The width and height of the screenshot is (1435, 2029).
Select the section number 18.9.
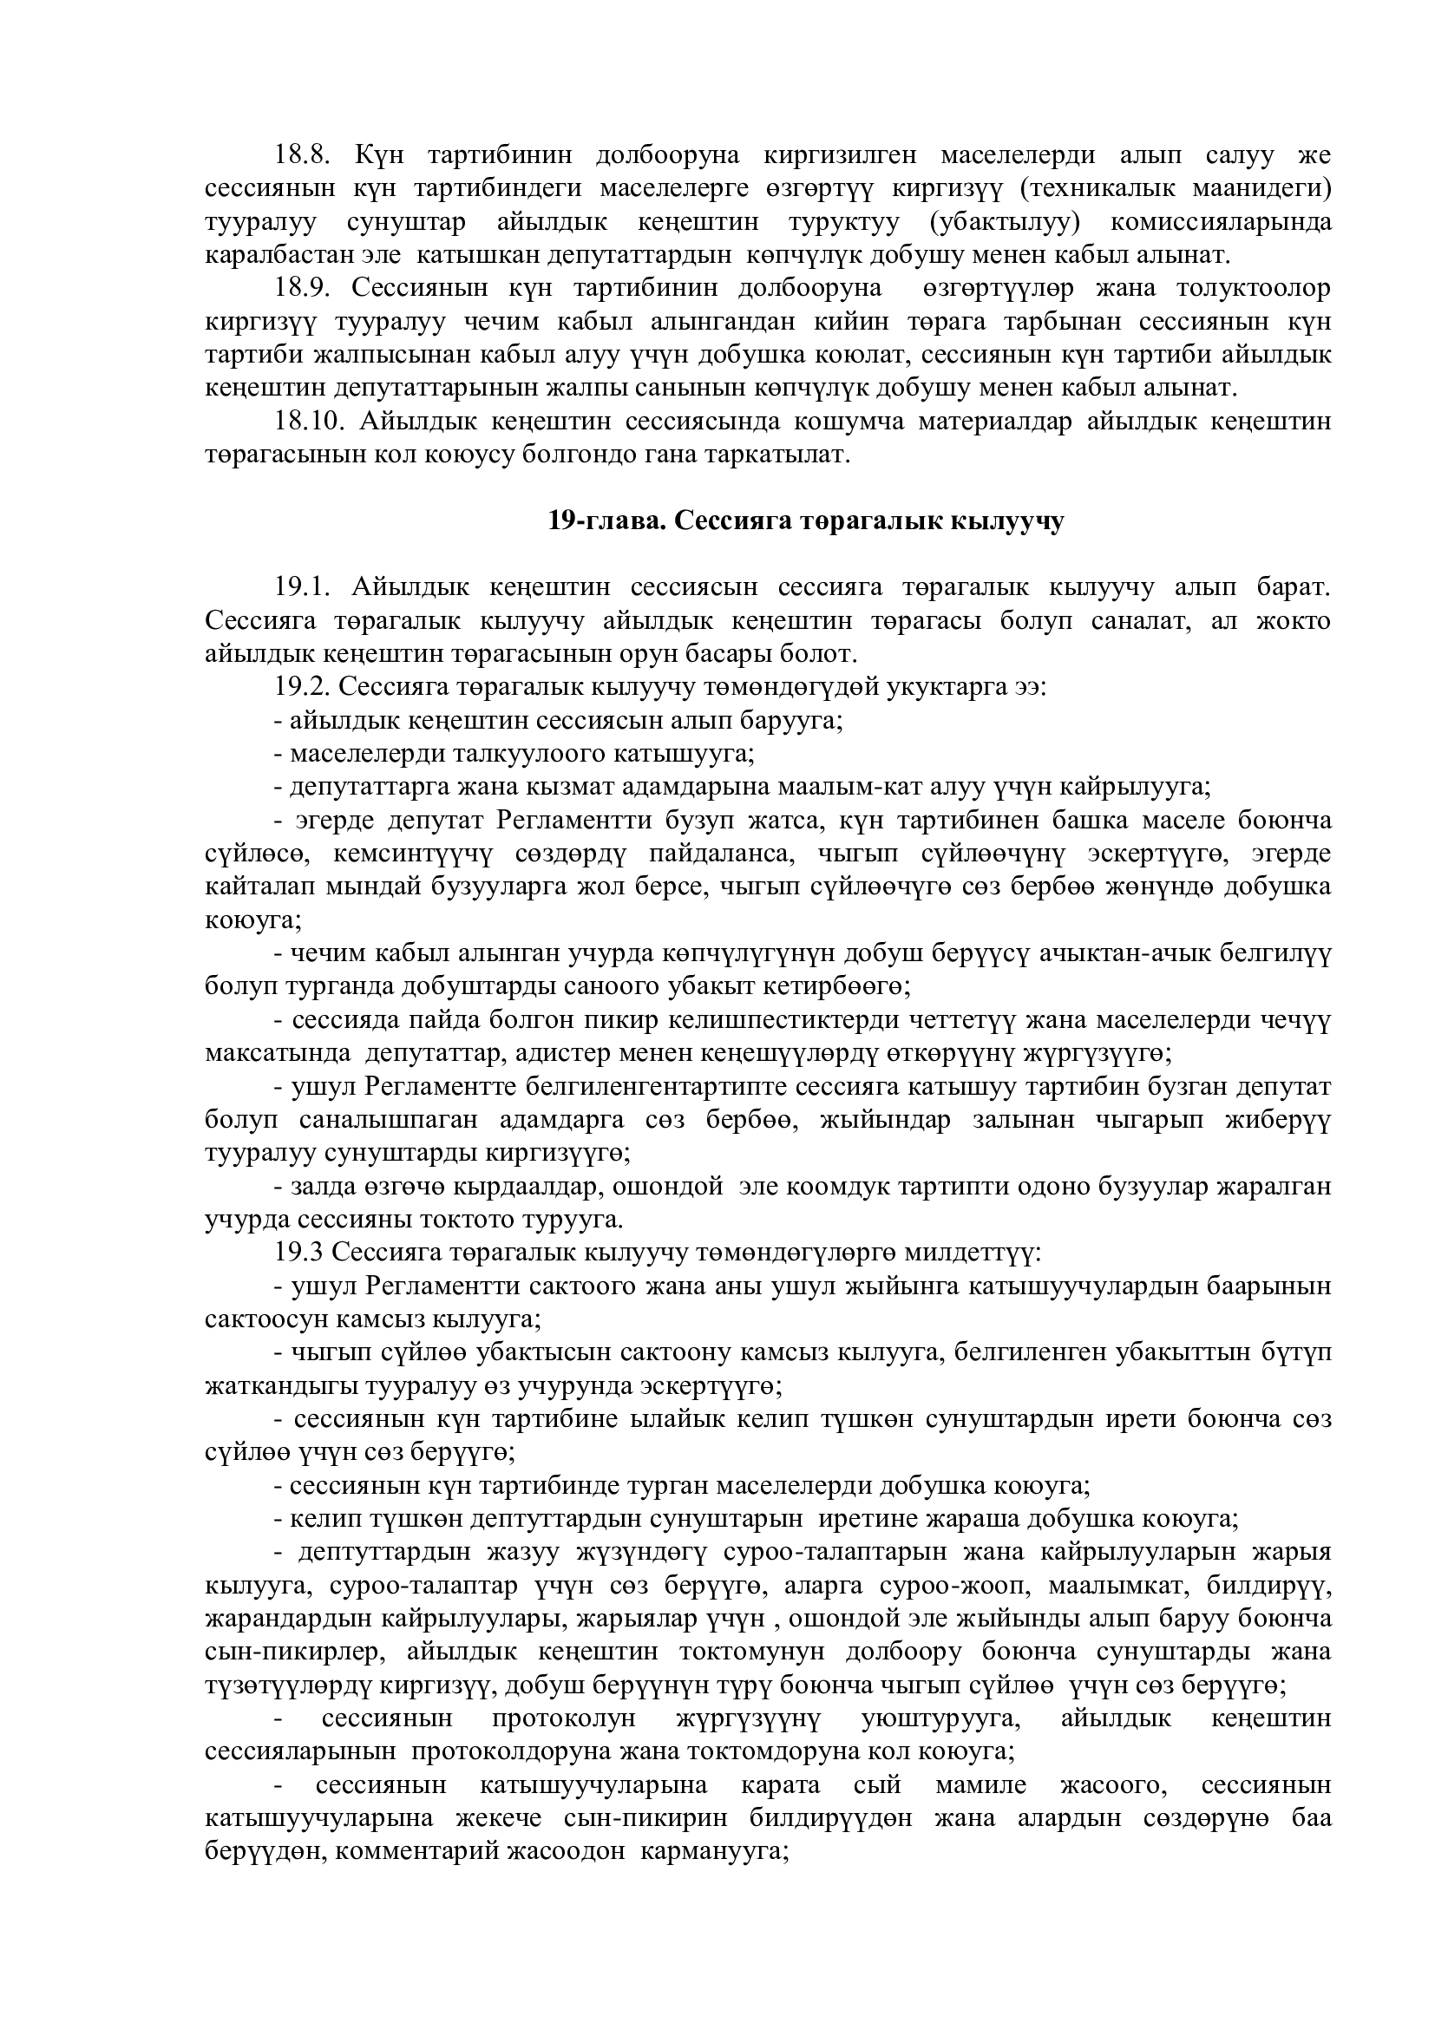point(301,289)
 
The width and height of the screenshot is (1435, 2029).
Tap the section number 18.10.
point(308,422)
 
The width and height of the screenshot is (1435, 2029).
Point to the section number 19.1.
point(301,587)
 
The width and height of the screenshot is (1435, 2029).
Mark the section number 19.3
point(298,1253)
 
